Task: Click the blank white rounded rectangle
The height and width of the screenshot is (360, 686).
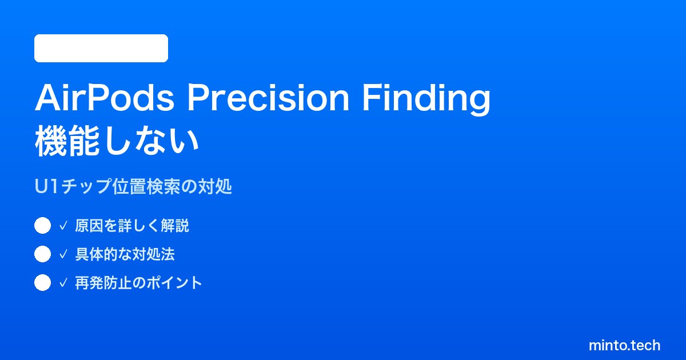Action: tap(101, 49)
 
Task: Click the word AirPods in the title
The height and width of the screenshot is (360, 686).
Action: tap(105, 98)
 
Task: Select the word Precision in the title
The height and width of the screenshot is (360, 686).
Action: tap(268, 98)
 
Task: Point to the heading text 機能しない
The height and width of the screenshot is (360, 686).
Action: tap(117, 142)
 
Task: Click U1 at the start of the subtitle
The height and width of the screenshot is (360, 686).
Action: tap(46, 186)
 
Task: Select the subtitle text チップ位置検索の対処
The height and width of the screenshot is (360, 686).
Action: tap(146, 186)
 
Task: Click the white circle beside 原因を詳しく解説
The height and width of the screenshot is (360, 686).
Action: tap(42, 226)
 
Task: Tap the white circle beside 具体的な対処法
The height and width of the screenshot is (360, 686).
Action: tap(42, 254)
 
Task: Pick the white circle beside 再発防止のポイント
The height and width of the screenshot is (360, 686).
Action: tap(42, 282)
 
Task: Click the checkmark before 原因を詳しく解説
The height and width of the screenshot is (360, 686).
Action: tap(63, 226)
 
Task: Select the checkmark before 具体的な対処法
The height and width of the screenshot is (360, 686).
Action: tap(63, 254)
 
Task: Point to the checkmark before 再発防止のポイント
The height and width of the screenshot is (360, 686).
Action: tap(63, 283)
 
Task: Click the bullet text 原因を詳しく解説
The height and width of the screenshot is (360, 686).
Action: tap(132, 226)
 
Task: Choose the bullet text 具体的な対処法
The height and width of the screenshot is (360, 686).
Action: tap(125, 254)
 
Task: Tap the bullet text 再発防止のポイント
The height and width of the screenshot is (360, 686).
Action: tap(138, 283)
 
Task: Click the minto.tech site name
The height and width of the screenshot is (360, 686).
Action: tap(624, 345)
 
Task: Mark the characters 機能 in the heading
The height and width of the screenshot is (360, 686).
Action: tap(67, 142)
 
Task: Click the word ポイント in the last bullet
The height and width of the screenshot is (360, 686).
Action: tap(174, 283)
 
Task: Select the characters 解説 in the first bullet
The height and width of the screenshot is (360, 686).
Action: tap(175, 226)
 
